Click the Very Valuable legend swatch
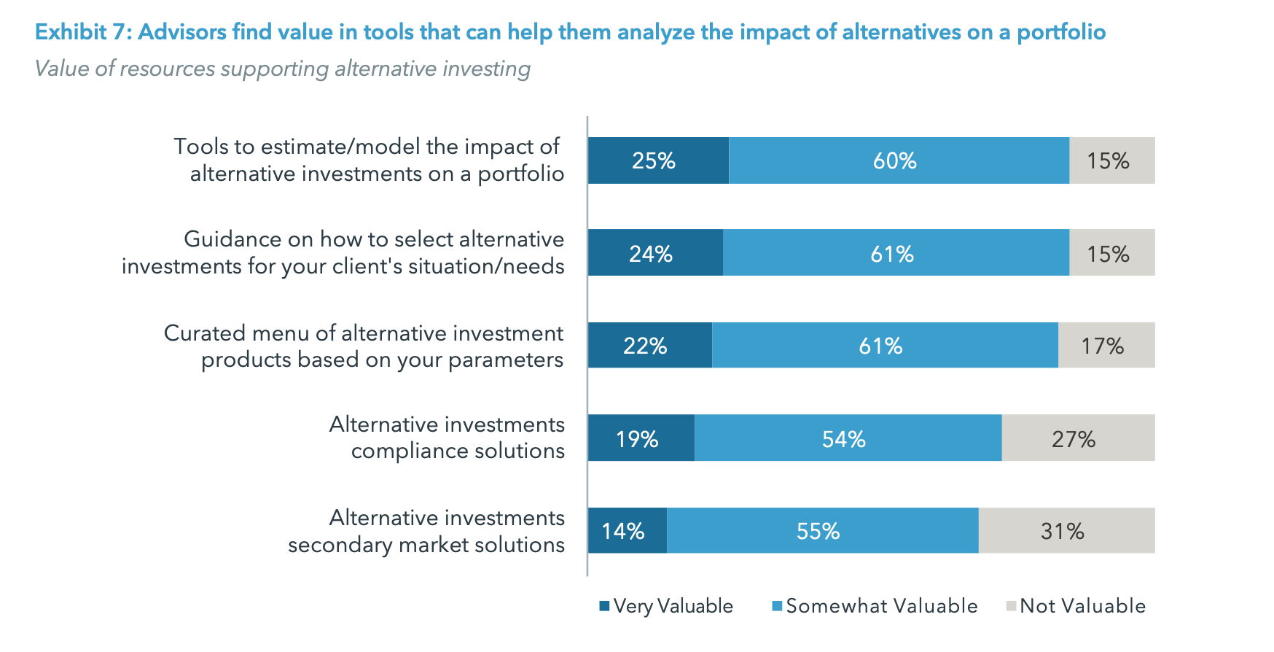[604, 606]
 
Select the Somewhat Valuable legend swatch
[777, 606]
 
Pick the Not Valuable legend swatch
[1011, 606]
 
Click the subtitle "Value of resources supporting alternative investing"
[282, 69]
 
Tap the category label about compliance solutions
[447, 438]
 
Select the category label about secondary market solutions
[426, 531]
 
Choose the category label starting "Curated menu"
[364, 346]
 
